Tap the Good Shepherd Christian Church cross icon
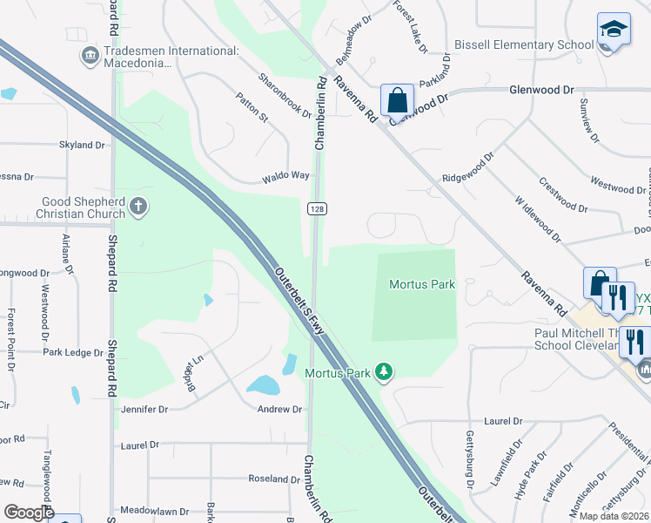click(x=138, y=207)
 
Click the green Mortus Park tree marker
click(x=383, y=373)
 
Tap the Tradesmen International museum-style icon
click(x=90, y=58)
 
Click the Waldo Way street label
click(x=286, y=176)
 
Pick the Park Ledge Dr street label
click(x=73, y=353)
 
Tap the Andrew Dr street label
click(x=279, y=409)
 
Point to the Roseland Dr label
click(x=274, y=479)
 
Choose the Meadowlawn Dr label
click(x=154, y=511)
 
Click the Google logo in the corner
click(x=29, y=513)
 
